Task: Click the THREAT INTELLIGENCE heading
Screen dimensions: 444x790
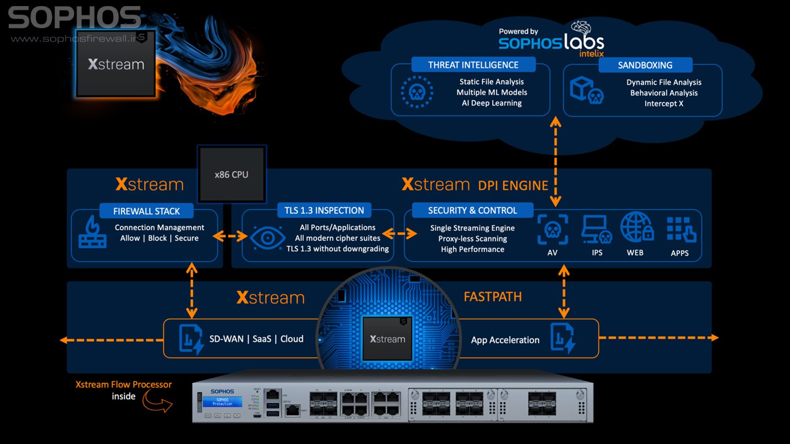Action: click(473, 65)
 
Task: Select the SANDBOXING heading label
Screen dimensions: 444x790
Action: click(645, 65)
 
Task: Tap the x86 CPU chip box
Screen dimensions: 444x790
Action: click(231, 175)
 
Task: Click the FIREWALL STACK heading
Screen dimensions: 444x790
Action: click(146, 211)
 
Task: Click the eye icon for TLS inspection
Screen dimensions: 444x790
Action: click(267, 238)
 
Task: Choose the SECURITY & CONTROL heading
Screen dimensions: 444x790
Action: click(472, 210)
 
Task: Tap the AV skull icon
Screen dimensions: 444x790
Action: click(553, 230)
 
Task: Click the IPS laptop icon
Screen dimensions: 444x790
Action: click(597, 230)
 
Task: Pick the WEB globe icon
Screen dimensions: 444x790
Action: click(636, 228)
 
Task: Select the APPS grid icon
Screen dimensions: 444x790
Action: click(681, 229)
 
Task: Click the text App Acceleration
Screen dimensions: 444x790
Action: click(505, 340)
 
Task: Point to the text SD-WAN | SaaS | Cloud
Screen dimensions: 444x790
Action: click(256, 339)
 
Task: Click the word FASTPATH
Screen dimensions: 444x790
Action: click(492, 297)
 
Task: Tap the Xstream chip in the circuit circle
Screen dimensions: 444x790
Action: click(387, 339)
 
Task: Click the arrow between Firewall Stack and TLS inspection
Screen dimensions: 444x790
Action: click(230, 236)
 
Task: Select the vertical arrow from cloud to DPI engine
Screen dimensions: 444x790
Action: click(555, 161)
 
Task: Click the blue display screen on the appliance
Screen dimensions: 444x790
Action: click(222, 401)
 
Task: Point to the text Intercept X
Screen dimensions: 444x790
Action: click(663, 103)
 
